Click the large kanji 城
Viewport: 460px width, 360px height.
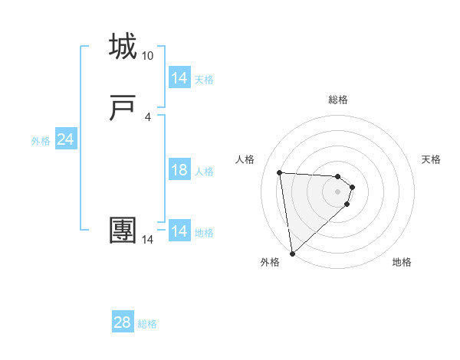[123, 47]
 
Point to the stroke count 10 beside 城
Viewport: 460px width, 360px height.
[147, 56]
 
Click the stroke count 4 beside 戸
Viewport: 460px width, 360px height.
[147, 117]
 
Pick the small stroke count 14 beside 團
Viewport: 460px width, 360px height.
[147, 240]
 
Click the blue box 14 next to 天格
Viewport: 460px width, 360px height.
[179, 78]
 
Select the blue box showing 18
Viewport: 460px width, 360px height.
[179, 170]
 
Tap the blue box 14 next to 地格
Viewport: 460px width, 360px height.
[179, 231]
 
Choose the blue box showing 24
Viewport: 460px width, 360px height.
[65, 139]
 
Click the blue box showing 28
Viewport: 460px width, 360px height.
[122, 322]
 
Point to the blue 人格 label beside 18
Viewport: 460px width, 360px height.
[204, 172]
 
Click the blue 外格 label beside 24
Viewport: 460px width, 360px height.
[41, 141]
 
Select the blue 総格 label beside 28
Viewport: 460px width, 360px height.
[147, 324]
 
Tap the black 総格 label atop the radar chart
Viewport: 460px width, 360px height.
[338, 100]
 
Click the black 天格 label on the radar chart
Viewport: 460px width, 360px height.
[431, 159]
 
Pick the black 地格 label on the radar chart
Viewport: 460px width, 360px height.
[402, 263]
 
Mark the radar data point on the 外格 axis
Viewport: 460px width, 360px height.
[291, 253]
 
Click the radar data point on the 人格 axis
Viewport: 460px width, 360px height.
[280, 172]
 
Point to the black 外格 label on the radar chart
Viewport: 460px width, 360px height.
[270, 263]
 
